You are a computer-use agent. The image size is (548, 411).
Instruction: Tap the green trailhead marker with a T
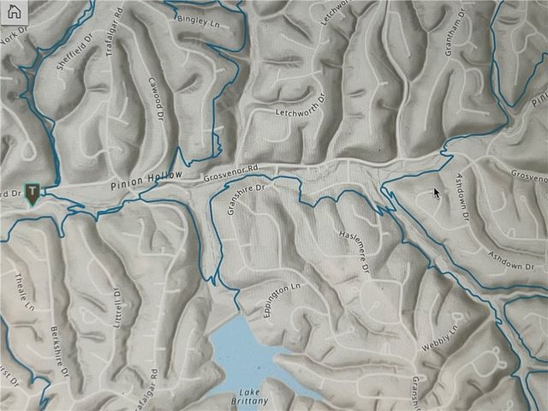pos(33,193)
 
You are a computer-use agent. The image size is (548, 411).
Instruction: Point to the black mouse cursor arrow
pos(436,193)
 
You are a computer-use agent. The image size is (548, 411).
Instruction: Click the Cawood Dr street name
pos(155,100)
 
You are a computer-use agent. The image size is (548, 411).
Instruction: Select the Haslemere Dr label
pos(353,250)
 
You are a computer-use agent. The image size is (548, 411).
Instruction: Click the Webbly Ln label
pos(440,339)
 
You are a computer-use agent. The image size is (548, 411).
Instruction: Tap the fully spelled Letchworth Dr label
pos(302,113)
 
